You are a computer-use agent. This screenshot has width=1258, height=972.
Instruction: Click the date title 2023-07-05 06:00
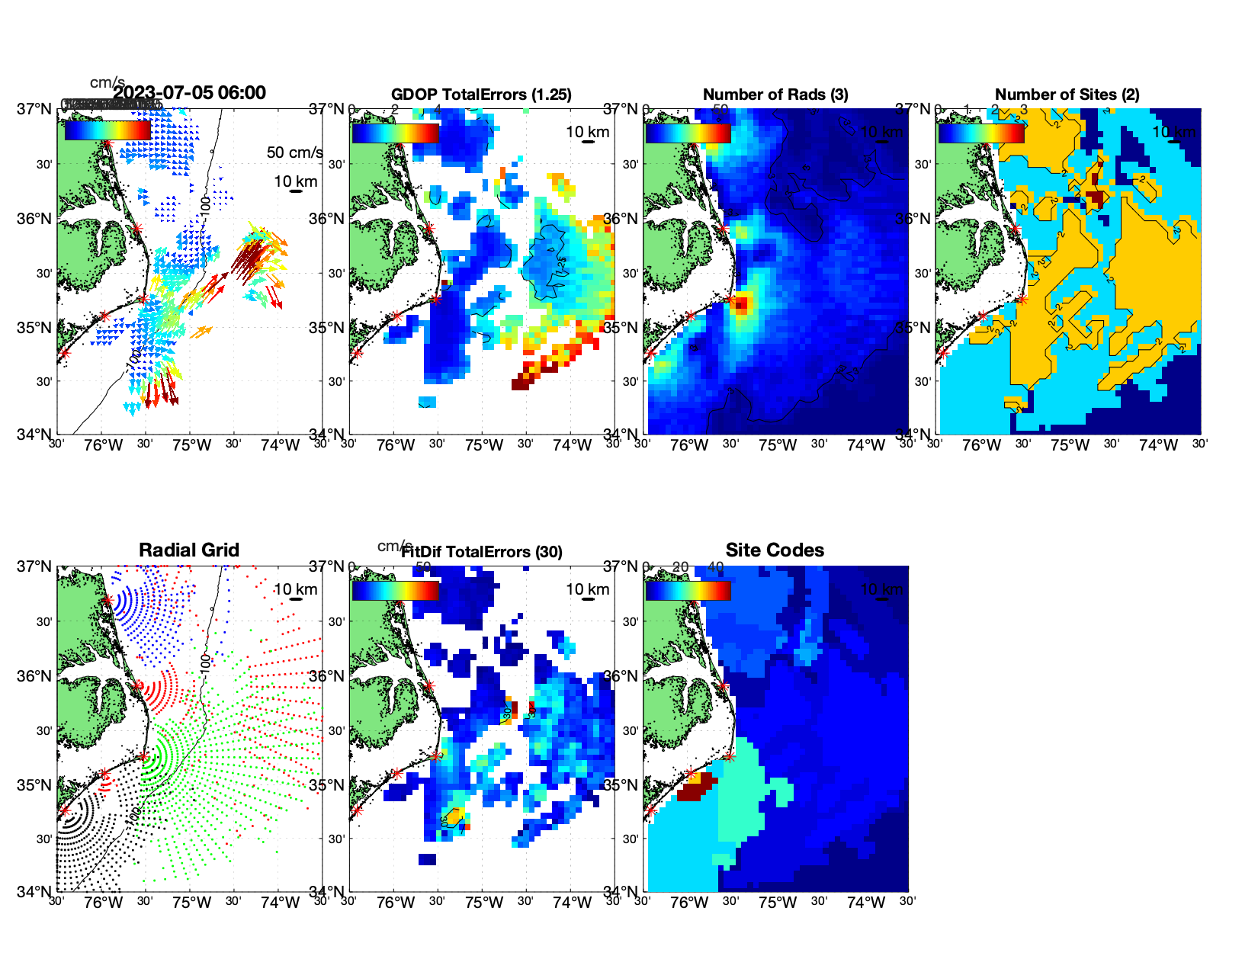(189, 93)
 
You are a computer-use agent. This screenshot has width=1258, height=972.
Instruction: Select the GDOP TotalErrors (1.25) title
(481, 95)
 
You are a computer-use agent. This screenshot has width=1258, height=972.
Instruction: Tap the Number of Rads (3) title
(775, 95)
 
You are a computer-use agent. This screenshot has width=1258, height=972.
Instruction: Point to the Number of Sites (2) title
(1067, 95)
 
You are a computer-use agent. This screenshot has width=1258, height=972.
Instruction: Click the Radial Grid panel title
(189, 550)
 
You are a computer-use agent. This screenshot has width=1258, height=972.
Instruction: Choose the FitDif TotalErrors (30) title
(483, 552)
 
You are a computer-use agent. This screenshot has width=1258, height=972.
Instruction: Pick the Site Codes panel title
(775, 550)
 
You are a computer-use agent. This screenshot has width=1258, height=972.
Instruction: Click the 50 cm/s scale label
(294, 152)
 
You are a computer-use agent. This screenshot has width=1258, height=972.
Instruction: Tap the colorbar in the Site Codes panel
(688, 590)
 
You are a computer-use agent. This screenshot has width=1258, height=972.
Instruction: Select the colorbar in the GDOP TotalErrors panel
(395, 133)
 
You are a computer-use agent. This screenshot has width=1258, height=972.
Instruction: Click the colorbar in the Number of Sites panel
(981, 133)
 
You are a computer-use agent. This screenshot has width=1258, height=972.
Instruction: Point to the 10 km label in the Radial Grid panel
(295, 589)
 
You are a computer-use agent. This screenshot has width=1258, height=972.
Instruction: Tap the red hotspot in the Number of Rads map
(741, 305)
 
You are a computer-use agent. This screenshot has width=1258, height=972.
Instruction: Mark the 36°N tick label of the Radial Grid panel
(34, 676)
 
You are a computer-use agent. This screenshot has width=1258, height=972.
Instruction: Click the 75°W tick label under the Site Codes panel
(777, 903)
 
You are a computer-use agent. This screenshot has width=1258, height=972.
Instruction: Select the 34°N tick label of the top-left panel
(34, 435)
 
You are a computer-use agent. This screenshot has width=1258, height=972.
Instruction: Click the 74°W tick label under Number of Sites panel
(1157, 445)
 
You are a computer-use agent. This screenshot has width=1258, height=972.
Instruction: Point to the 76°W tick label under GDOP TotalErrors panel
(396, 445)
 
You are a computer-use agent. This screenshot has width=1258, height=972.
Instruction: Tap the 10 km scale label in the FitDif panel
(587, 589)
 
